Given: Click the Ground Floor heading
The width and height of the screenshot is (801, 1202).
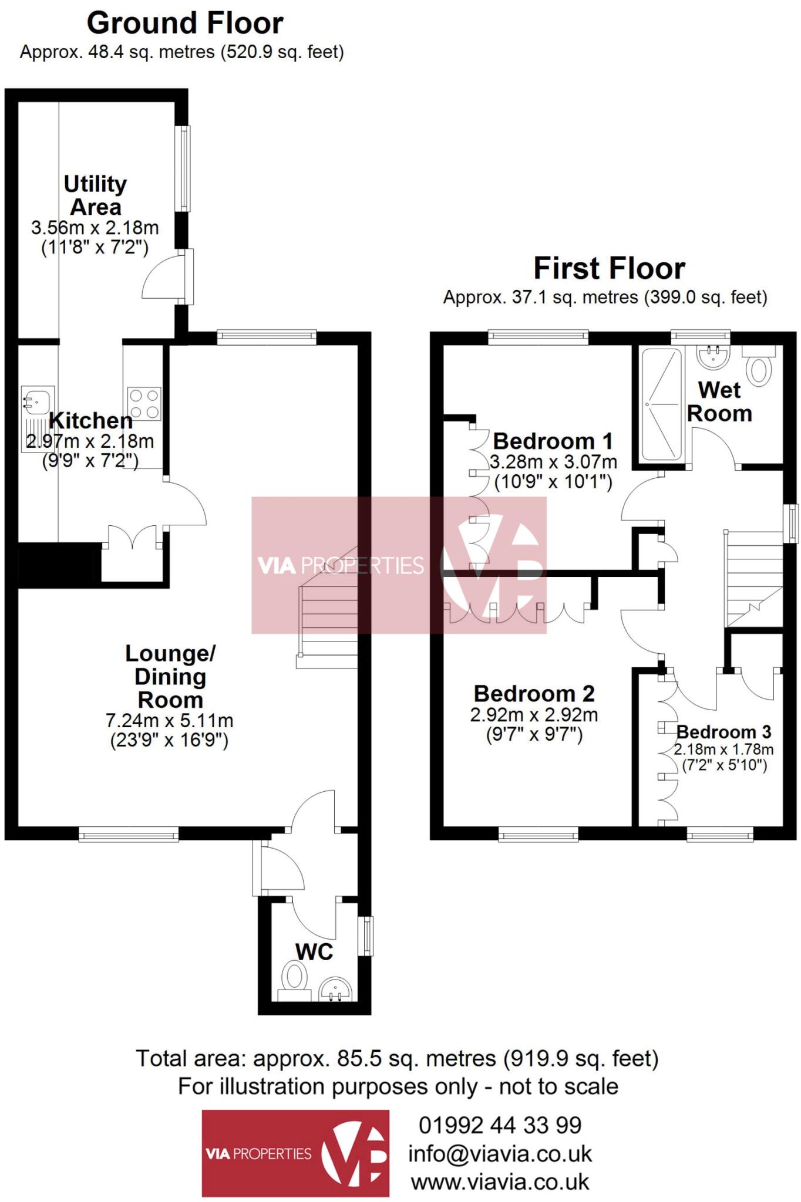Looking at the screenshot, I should pos(185,23).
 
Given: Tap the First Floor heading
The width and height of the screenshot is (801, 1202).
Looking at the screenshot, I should pos(609,268).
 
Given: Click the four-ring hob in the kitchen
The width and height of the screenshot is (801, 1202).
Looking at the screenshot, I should pos(144,404).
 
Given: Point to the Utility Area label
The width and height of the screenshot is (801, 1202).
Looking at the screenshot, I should pos(95,195).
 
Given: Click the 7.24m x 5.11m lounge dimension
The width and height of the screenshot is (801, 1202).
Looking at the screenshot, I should pos(169,720).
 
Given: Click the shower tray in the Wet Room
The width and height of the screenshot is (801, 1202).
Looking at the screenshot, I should pos(661,404).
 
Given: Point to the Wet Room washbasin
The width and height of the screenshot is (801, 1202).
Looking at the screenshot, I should pos(713,356).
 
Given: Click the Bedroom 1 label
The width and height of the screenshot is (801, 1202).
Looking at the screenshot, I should pos(553,441).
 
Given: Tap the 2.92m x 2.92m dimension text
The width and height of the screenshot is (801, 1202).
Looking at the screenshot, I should pos(534,715).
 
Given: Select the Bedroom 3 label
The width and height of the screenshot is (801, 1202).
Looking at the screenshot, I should pos(723,732).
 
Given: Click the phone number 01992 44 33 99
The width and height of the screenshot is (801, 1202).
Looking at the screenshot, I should pos(500,1125).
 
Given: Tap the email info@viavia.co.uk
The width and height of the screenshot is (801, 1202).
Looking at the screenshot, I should pos(500,1153).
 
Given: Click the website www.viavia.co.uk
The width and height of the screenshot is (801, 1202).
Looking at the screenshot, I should pos(500,1181).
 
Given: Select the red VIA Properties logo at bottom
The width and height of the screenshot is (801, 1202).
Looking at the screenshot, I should pos(295,1153).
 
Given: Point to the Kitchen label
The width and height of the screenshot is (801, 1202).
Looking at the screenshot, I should pos(90,420).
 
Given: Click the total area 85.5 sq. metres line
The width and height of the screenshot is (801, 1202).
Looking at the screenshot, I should pos(397,1058).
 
